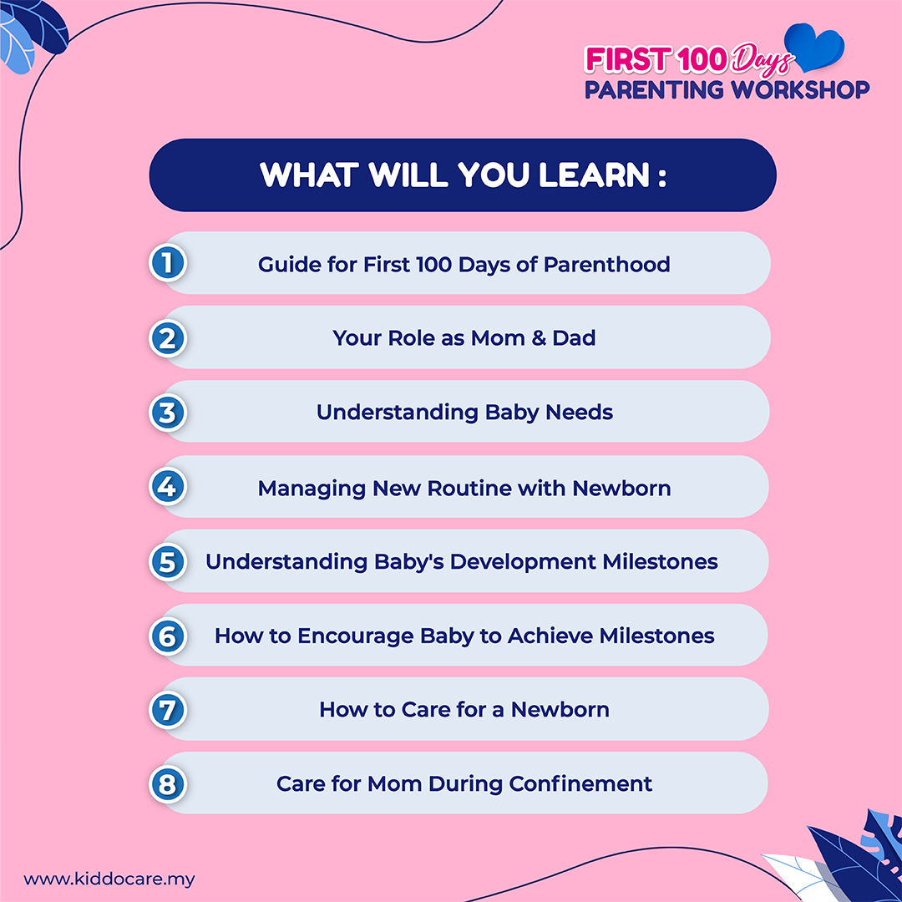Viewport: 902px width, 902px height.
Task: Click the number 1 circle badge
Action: [x=167, y=263]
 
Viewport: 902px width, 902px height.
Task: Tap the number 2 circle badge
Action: [x=167, y=338]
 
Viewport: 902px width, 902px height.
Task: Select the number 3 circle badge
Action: [x=167, y=413]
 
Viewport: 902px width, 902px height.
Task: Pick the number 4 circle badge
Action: [x=167, y=487]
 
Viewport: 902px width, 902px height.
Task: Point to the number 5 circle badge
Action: [x=167, y=561]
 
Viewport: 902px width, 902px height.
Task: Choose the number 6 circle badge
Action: [x=167, y=636]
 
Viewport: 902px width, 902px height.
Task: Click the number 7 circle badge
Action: [x=167, y=710]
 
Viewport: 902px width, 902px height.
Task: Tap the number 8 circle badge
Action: [x=167, y=784]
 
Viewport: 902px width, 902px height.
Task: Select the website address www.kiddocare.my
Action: [x=109, y=879]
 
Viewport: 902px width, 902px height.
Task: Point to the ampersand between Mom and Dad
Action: [x=539, y=337]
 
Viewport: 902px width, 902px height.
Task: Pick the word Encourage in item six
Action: [x=356, y=636]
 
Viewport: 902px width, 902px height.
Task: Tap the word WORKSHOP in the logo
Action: [x=800, y=89]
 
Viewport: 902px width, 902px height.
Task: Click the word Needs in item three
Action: [x=579, y=412]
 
